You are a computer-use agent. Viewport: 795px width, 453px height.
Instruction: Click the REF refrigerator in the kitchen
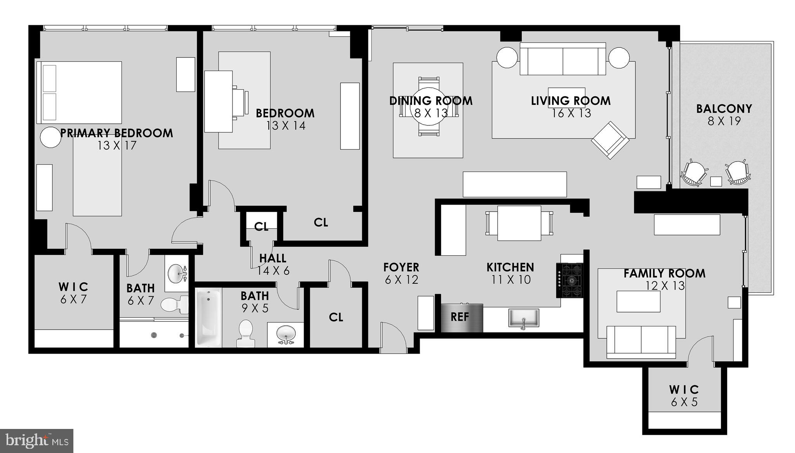[462, 318]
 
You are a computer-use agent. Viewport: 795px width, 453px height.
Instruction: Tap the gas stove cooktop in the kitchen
[570, 280]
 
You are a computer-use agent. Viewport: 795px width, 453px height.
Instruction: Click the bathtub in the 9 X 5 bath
[208, 317]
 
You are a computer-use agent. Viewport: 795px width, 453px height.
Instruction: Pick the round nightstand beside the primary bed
[51, 137]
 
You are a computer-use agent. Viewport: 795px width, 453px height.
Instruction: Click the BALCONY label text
[724, 109]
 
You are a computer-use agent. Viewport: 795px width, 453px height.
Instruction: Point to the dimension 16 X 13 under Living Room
[571, 113]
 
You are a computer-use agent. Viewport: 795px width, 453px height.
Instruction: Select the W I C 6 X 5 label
[684, 395]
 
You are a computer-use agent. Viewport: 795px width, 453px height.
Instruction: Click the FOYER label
[401, 267]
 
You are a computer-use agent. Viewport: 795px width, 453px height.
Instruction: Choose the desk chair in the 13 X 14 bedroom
[241, 101]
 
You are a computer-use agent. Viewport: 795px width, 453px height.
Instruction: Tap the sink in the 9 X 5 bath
[286, 333]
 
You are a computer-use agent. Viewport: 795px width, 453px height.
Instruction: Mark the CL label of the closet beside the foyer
[336, 317]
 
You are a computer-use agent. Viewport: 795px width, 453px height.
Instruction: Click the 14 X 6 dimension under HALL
[273, 271]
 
